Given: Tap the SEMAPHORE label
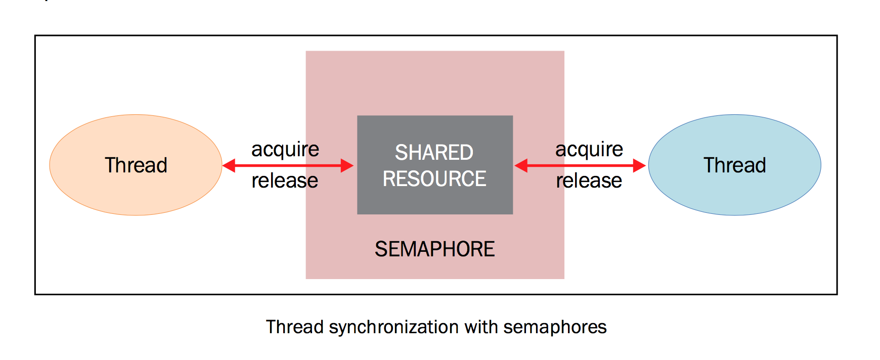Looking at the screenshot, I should tap(434, 249).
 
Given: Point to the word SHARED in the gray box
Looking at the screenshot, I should tap(434, 153).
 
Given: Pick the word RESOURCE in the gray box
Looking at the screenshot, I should tap(434, 179).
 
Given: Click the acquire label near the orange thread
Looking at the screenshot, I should tap(285, 150).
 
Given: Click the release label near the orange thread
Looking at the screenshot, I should tap(285, 181).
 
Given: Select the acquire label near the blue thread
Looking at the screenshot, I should tap(589, 150).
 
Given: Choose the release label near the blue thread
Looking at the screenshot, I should tap(589, 181).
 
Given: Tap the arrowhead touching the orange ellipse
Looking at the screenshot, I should tap(229, 165).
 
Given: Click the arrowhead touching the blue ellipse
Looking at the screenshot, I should tap(639, 165).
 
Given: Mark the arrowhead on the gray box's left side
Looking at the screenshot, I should tap(347, 165).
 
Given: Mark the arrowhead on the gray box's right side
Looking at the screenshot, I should tap(521, 165).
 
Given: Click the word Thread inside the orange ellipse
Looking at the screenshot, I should tap(136, 165).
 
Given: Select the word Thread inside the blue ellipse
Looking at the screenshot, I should tap(734, 165).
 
